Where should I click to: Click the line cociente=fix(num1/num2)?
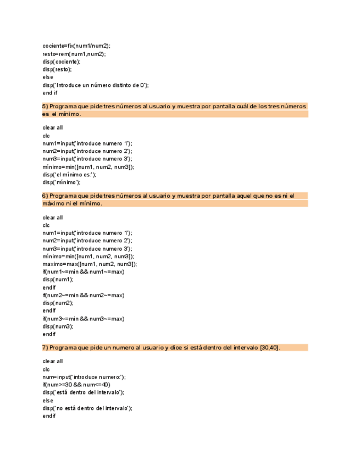coord(76,46)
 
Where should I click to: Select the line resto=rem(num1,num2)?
coord(74,54)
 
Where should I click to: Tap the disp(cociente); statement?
coord(61,62)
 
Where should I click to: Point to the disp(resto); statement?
coord(57,70)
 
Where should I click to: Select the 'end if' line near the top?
coord(50,93)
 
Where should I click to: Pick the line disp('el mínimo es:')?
coord(69,175)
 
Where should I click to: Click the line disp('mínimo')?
coord(62,182)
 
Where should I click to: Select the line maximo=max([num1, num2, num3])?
coord(90,264)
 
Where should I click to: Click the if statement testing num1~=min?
coord(84,272)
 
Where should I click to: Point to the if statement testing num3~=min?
coord(84,319)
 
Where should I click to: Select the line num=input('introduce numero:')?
coord(84,377)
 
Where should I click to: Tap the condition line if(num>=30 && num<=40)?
coord(76,385)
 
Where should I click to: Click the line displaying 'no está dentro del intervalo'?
coord(87,408)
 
